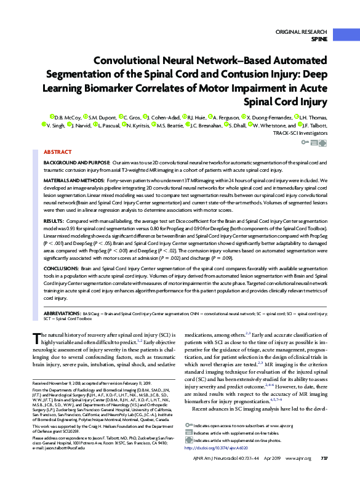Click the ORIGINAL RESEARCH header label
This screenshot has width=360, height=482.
(302, 31)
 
